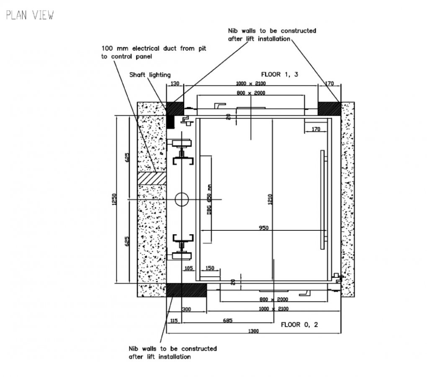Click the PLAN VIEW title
tap(29, 15)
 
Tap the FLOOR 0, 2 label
tap(299, 324)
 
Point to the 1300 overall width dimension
tap(253, 331)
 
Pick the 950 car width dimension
tap(263, 228)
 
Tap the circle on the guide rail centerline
tap(182, 199)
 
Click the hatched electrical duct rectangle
tap(152, 178)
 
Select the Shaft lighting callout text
tap(149, 75)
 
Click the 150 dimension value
tap(210, 268)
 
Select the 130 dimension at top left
tap(175, 84)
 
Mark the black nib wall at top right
tap(329, 108)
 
